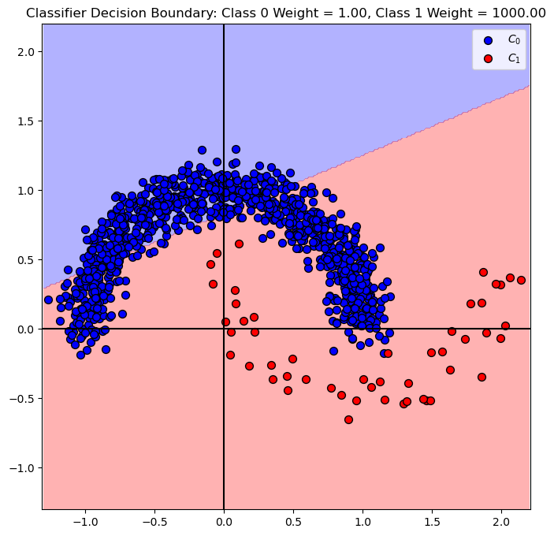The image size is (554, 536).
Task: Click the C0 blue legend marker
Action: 489,39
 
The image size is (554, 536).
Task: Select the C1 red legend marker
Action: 489,58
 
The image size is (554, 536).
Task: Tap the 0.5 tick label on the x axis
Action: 293,521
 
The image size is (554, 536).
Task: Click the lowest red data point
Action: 348,419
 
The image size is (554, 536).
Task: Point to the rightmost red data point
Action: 521,280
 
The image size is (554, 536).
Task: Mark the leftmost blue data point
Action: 48,300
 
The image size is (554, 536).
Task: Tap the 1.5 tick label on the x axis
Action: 432,521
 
